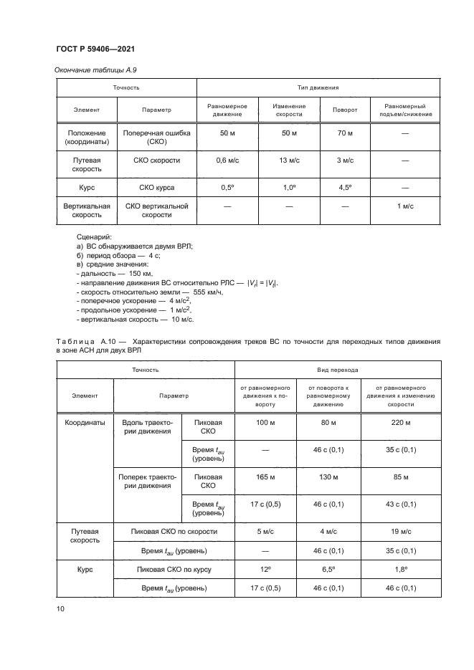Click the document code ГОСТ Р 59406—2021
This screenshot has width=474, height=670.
(95, 48)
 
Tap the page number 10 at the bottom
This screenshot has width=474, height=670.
(60, 609)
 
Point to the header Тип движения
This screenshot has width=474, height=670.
(318, 87)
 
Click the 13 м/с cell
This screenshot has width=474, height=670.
(289, 161)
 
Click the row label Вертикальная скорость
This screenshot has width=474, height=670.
(87, 210)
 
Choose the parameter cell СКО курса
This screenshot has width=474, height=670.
(156, 188)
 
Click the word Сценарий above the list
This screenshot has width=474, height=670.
(94, 236)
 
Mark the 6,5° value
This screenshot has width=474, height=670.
(328, 569)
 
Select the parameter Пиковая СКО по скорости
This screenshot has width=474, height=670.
(174, 532)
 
